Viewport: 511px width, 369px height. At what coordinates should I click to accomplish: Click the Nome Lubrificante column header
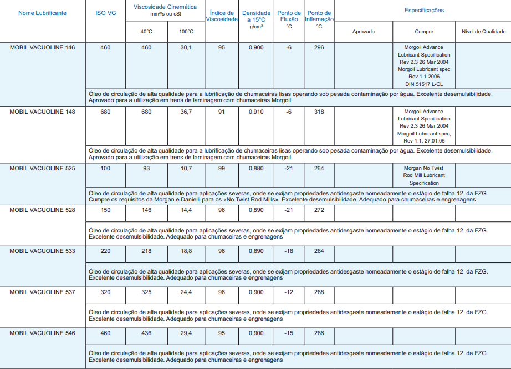pos(42,13)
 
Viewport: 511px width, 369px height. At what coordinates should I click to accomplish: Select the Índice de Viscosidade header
pos(222,16)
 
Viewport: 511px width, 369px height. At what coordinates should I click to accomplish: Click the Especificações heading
pos(424,10)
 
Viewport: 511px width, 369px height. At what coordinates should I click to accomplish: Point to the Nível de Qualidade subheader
pos(483,32)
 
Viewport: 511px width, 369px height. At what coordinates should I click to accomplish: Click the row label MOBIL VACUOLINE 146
pos(42,48)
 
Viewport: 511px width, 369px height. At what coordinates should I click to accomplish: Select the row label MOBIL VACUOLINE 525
pos(42,168)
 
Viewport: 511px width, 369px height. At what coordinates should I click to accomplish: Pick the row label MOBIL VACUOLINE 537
pos(42,292)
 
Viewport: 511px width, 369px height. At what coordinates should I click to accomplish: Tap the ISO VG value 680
pos(105,112)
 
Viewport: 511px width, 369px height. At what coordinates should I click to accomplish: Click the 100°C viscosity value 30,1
pos(186,48)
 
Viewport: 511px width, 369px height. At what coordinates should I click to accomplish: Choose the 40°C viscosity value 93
pos(146,168)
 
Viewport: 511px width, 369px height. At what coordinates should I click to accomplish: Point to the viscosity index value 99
pos(222,168)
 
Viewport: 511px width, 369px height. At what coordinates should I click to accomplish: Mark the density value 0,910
pos(256,112)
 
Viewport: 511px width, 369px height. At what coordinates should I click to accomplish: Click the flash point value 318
pos(319,112)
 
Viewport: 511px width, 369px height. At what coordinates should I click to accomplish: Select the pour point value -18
pos(289,251)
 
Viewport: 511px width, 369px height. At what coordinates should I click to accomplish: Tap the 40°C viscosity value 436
pos(146,333)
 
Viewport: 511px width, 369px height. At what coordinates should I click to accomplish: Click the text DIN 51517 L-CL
pos(424,84)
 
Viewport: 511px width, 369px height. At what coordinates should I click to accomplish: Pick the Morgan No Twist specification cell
pos(424,175)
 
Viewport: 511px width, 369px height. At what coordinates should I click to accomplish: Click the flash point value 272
pos(319,210)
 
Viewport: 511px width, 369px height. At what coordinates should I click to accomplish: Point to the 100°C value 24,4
pos(186,292)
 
